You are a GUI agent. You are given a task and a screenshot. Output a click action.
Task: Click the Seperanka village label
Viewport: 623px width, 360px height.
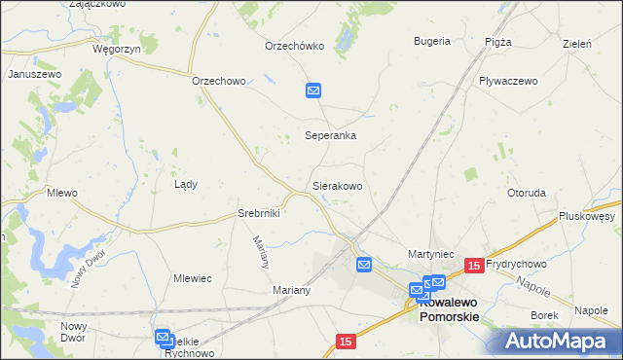coord(330,136)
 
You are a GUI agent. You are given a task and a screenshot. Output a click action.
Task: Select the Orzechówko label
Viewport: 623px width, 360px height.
coord(294,46)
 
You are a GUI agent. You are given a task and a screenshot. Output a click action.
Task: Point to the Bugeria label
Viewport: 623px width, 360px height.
coord(431,41)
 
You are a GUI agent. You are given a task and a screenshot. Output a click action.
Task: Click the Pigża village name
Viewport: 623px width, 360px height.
coord(497,42)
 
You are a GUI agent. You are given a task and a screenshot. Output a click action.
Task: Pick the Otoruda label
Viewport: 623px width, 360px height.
coord(526,193)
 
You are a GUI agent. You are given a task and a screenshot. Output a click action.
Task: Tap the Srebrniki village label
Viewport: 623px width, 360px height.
coord(259,213)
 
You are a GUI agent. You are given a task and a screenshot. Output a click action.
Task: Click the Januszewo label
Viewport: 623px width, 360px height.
coord(35,74)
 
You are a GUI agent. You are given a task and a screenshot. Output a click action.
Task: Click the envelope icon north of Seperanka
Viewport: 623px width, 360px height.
coord(313,90)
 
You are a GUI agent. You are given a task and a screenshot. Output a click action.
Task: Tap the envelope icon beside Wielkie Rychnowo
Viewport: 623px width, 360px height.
coord(163,337)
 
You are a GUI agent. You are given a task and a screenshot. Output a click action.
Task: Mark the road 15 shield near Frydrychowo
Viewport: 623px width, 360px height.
coord(474,265)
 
